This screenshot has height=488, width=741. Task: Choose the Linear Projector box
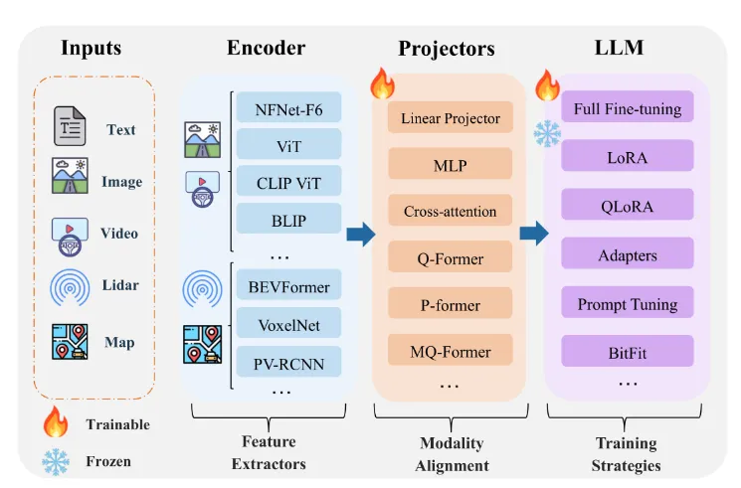(450, 118)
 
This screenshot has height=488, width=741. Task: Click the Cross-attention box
(450, 212)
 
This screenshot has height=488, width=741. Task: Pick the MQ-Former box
(450, 352)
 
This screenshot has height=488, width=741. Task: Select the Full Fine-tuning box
(628, 108)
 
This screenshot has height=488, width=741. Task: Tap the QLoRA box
(628, 206)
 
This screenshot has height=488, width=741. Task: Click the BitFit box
(628, 352)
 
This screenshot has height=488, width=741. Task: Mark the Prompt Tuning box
(628, 304)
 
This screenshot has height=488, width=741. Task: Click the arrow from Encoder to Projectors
(360, 234)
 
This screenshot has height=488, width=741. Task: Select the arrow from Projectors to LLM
(534, 234)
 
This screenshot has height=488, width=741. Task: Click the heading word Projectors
(450, 49)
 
